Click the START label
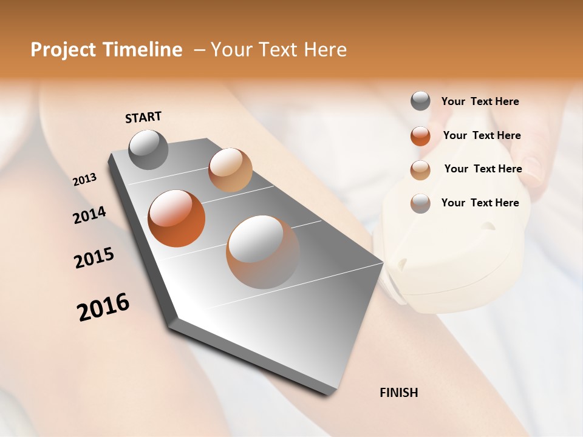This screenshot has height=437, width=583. (143, 117)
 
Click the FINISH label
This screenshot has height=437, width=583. (398, 393)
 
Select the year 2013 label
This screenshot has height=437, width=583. (85, 180)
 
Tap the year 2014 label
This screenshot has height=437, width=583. (89, 215)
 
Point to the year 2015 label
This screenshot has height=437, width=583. (94, 258)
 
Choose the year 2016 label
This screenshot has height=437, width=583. (103, 307)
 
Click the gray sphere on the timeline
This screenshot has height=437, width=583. (148, 149)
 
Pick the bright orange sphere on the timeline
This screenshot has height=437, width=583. (176, 218)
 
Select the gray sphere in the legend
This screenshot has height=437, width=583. (420, 101)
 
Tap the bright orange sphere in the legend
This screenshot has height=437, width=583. (420, 136)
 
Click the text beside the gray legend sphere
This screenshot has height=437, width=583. (480, 101)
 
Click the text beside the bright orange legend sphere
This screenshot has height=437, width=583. (482, 135)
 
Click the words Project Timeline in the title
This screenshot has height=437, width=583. (106, 50)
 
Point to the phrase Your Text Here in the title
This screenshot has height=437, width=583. (279, 50)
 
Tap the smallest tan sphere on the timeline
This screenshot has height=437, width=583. (230, 170)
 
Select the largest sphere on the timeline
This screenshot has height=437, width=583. (262, 252)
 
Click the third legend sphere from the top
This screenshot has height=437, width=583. (420, 170)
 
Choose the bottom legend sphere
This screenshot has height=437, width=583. (420, 203)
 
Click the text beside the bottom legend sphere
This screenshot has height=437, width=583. (480, 203)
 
